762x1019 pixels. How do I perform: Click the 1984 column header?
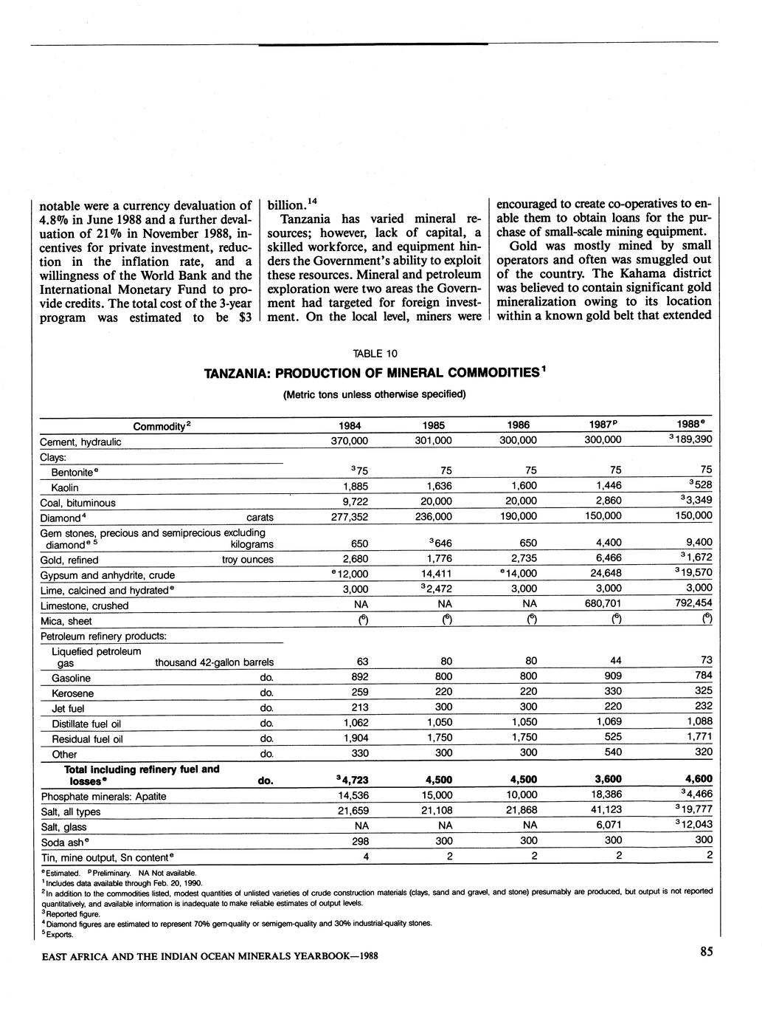(x=349, y=425)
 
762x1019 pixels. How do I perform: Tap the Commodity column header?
(x=162, y=426)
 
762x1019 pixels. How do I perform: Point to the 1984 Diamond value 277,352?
(x=348, y=516)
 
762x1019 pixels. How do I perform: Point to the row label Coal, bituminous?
(x=78, y=503)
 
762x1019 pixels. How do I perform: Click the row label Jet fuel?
(x=68, y=709)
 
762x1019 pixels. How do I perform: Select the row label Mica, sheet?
(x=66, y=621)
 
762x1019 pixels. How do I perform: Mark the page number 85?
(x=706, y=953)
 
